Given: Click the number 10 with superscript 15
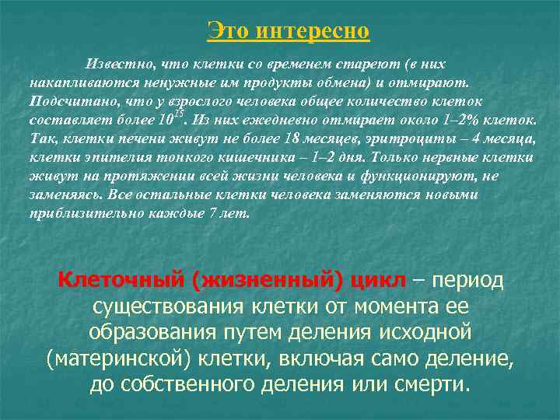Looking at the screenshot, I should coord(170,121).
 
